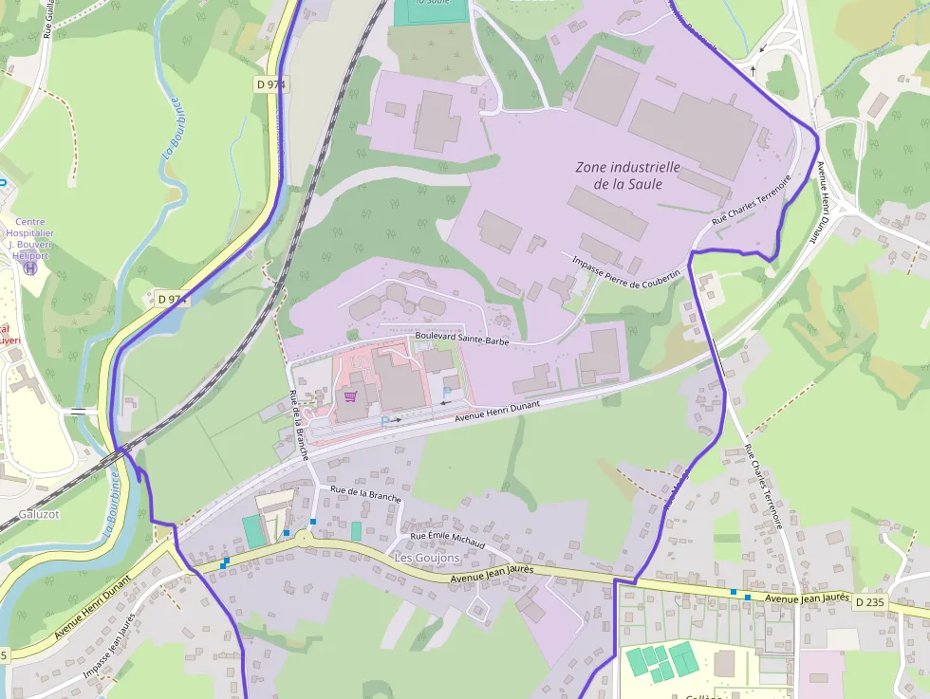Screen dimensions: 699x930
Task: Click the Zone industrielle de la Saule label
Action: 627,175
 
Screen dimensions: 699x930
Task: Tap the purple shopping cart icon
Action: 351,396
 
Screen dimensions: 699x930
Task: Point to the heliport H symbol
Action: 30,268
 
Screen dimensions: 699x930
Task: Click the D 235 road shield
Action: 868,602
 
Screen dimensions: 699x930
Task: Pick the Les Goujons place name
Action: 426,559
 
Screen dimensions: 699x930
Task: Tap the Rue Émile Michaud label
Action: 447,541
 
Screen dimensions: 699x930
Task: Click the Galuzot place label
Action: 38,514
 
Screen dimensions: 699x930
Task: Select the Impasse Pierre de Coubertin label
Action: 626,272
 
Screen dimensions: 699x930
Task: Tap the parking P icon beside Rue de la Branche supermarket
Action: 384,419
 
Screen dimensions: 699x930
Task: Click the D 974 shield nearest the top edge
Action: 271,84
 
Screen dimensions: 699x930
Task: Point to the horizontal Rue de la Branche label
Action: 365,493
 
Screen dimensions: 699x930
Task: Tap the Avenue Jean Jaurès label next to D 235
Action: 806,598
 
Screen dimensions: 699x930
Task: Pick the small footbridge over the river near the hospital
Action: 79,412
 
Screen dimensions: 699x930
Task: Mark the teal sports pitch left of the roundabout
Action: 252,531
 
